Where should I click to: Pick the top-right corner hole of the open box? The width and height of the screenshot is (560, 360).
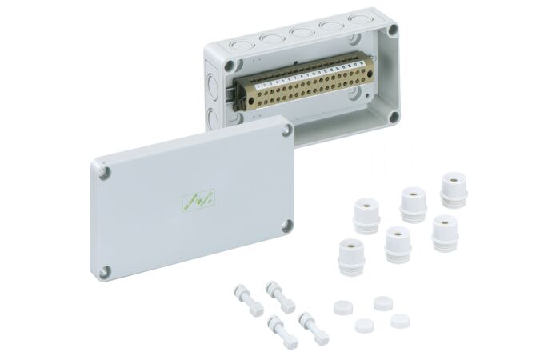tap(391, 31)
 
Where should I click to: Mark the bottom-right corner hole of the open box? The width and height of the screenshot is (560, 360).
tap(393, 117)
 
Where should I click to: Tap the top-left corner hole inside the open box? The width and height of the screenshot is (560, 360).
tap(230, 64)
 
